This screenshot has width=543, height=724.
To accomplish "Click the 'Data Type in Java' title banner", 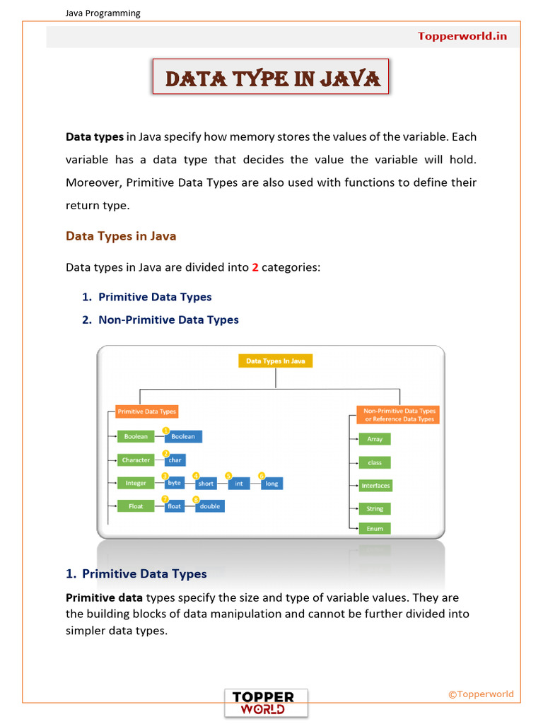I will [272, 78].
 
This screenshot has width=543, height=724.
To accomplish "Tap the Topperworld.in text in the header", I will [462, 36].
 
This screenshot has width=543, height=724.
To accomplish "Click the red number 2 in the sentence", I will [255, 267].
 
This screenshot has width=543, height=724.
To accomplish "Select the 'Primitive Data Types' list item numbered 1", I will [155, 297].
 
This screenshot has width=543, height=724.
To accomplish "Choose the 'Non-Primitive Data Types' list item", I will [168, 320].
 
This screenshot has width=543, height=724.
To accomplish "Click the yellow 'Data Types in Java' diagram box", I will [275, 361].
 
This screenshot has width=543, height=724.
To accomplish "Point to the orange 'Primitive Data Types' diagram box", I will [146, 411].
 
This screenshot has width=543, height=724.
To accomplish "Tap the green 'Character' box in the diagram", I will [136, 460].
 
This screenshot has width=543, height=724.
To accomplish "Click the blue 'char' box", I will [175, 460].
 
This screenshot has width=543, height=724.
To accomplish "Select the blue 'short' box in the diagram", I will [206, 484].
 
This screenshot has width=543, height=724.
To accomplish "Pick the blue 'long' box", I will [271, 484].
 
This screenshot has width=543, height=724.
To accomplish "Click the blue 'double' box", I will [209, 506].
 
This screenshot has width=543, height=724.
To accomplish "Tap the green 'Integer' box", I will [136, 484].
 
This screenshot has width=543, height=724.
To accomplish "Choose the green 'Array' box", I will [375, 439].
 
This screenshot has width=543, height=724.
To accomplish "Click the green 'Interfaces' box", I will [375, 486].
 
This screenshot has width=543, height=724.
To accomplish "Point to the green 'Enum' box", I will [375, 528].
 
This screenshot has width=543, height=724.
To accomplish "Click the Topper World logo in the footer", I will [266, 703].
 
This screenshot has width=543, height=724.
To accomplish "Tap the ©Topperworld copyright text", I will [481, 694].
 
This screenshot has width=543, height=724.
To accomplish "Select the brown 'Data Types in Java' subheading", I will [121, 236].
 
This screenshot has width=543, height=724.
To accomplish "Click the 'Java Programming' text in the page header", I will [103, 13].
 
